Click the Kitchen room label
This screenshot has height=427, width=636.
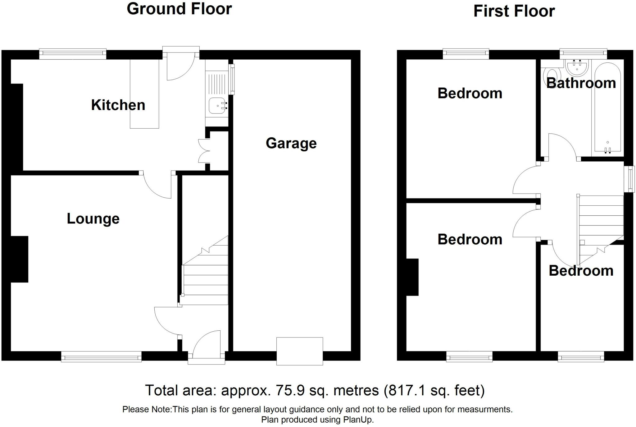[118, 105]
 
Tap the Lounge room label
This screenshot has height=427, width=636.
[93, 219]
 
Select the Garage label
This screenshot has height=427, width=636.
[291, 143]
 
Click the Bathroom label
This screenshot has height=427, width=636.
[581, 83]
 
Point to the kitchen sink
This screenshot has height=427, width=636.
[217, 106]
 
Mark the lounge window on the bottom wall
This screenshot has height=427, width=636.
[101, 356]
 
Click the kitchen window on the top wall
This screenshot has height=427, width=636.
[73, 54]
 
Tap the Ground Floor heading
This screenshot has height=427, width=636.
[179, 9]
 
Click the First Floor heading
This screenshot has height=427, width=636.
[514, 11]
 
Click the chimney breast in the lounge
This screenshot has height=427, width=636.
[20, 259]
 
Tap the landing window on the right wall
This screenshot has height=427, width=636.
[630, 179]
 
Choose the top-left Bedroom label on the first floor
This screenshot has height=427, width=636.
[470, 93]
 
